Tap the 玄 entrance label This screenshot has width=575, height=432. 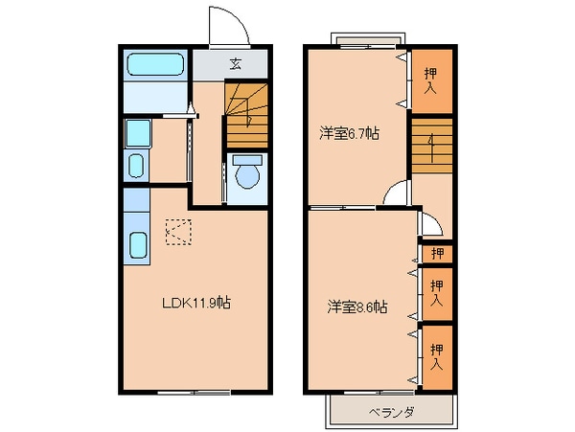[235, 64]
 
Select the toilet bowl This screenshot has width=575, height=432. [247, 174]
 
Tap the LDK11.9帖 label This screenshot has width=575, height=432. [195, 304]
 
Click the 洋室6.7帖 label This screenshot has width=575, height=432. [349, 134]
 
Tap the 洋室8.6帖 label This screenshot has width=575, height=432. [356, 307]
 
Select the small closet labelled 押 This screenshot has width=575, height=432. [437, 254]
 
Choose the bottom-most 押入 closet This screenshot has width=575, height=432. [437, 357]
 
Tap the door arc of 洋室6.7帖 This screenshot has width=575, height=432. [393, 194]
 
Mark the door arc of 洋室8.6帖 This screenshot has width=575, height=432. [431, 225]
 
